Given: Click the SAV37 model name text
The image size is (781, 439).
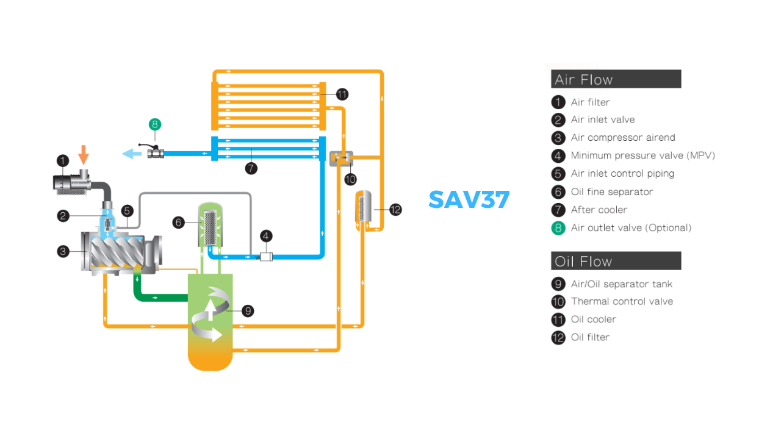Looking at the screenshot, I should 469,199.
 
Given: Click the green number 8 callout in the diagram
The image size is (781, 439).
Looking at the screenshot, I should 155,124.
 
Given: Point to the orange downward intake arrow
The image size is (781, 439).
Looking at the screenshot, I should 83,154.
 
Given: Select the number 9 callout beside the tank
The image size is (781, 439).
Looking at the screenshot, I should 247,311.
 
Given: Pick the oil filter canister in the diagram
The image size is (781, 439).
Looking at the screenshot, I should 363,209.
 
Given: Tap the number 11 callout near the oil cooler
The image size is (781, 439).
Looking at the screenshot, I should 342,94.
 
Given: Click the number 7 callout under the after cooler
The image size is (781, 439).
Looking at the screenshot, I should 251,168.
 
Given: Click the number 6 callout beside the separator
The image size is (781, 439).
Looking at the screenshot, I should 179,223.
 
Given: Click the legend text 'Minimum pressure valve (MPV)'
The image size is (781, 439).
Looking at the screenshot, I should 642,155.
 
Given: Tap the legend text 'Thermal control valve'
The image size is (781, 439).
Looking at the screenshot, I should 622,301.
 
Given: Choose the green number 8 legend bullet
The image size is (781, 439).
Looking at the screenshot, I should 558,228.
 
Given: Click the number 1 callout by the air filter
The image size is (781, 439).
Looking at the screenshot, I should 63,161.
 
